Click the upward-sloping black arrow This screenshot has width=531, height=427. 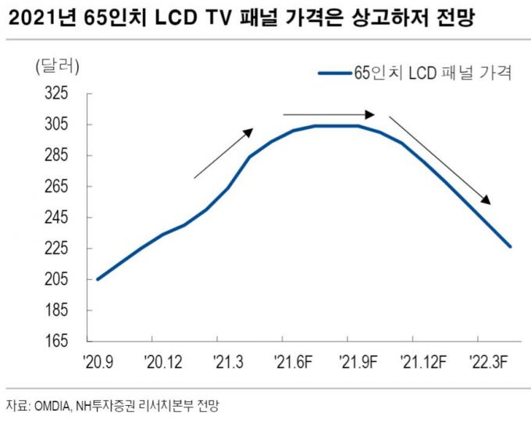[223, 153]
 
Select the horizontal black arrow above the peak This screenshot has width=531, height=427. [329, 114]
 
